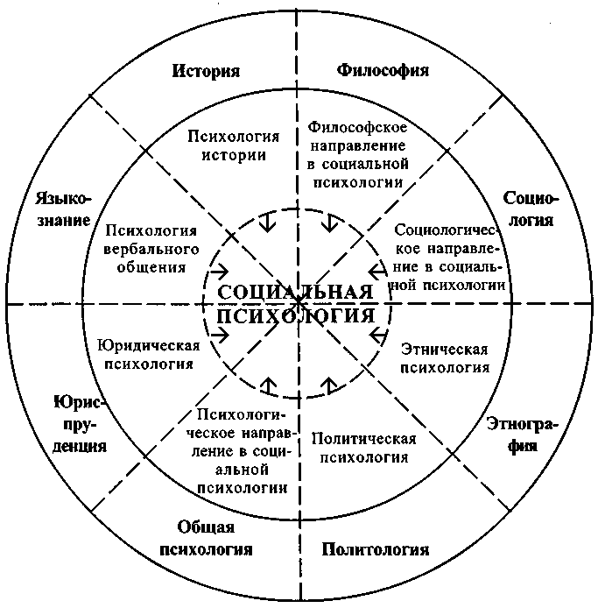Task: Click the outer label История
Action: tap(206, 71)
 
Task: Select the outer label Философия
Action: tap(383, 71)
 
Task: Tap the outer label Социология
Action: tap(531, 209)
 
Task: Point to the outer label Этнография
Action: tap(523, 435)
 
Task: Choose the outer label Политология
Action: tap(376, 549)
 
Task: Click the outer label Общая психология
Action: tap(206, 538)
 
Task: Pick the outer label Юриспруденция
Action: tap(80, 424)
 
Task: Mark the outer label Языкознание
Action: tap(64, 209)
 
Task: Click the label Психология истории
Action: tap(233, 145)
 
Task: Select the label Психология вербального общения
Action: tap(151, 249)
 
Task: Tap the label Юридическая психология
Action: tap(149, 355)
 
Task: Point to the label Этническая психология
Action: tap(445, 358)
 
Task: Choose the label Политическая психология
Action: tap(364, 448)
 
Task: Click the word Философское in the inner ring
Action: tap(357, 127)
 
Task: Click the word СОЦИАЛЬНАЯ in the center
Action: tap(295, 291)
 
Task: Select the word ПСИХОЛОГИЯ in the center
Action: tap(295, 315)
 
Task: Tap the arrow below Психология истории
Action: tap(267, 222)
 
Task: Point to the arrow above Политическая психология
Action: tap(329, 385)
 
